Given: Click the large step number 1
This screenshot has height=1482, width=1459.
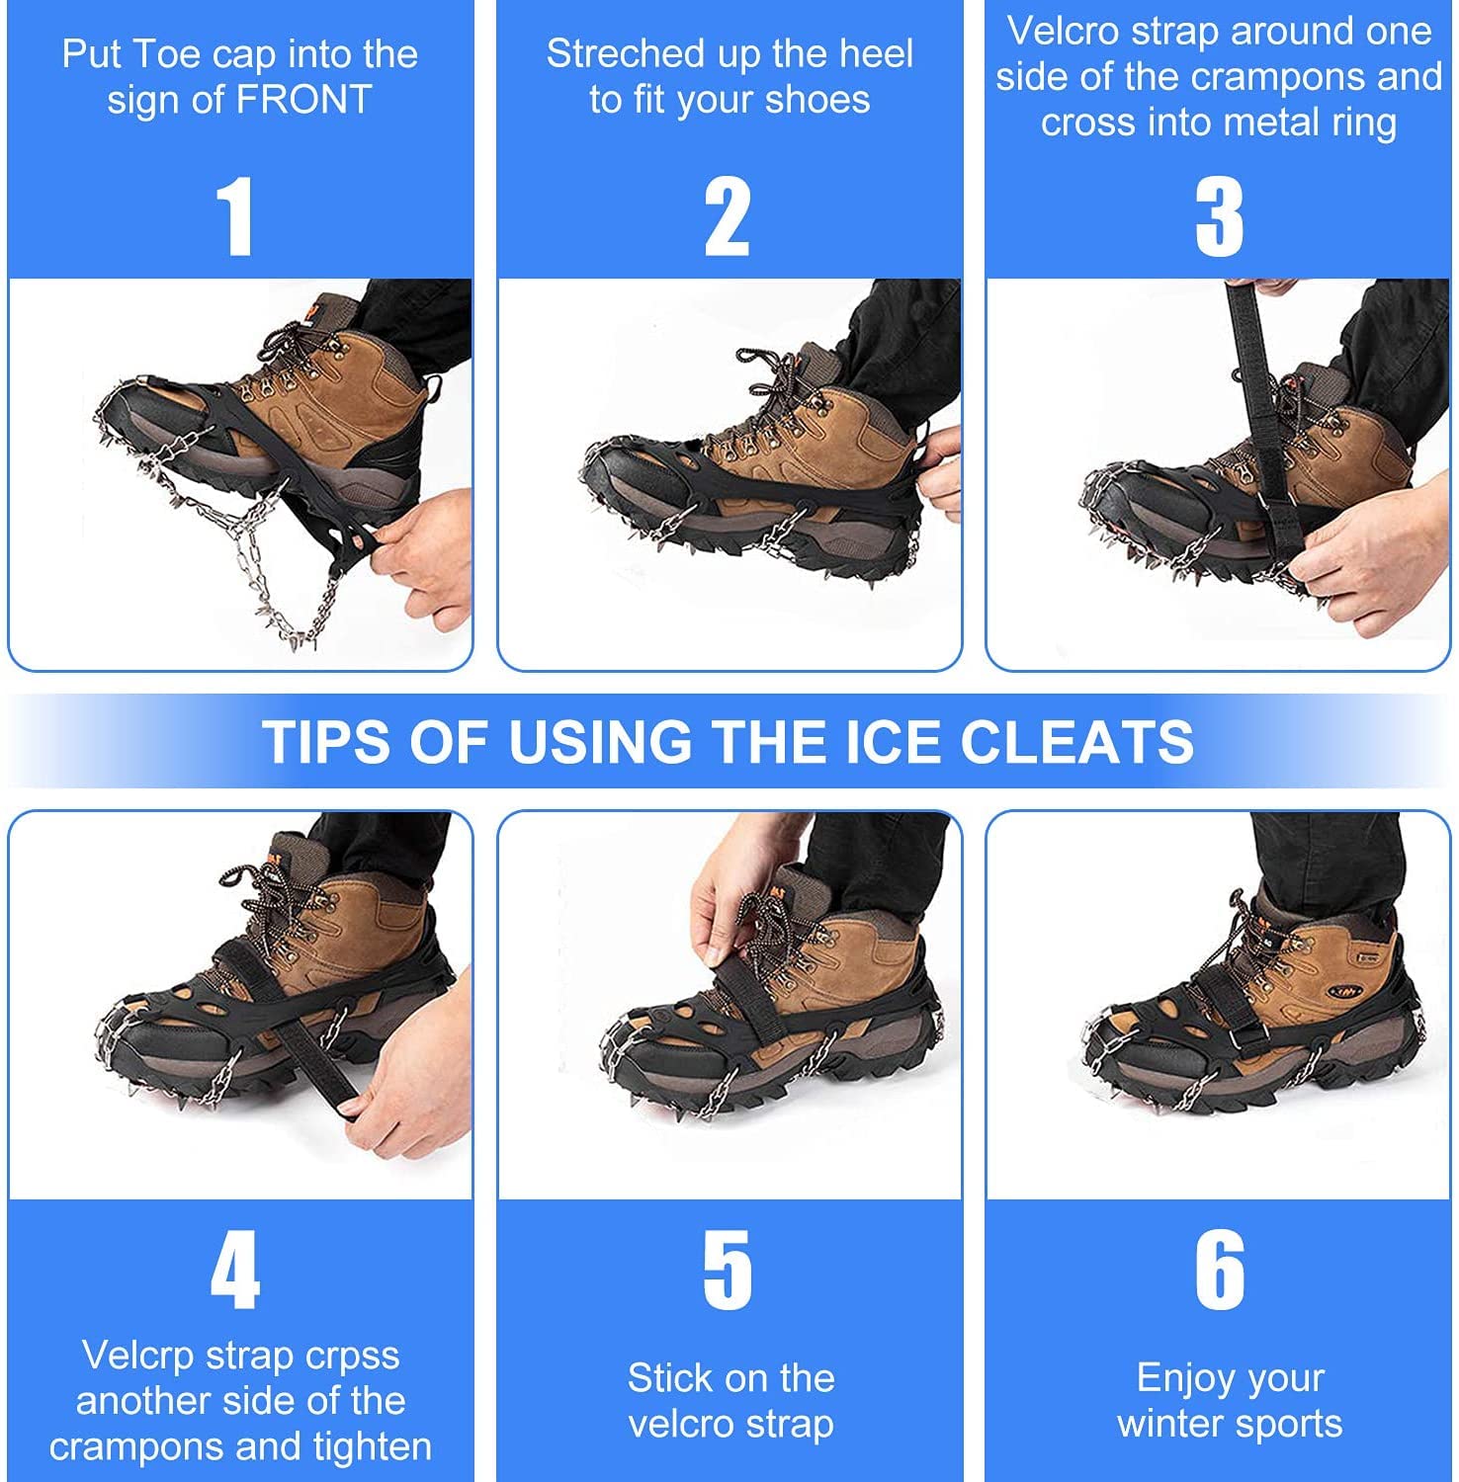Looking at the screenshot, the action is click(x=234, y=217).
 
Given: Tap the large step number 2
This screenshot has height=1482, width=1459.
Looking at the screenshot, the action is click(x=728, y=217).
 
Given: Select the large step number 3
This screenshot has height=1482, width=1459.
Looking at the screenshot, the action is click(x=1219, y=217).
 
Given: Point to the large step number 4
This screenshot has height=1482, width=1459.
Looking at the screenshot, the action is click(x=235, y=1271).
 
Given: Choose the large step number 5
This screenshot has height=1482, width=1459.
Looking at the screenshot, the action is click(x=728, y=1271).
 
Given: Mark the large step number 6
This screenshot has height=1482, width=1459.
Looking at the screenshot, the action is click(x=1220, y=1271).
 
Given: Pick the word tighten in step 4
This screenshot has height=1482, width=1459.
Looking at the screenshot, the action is click(x=373, y=1447).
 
